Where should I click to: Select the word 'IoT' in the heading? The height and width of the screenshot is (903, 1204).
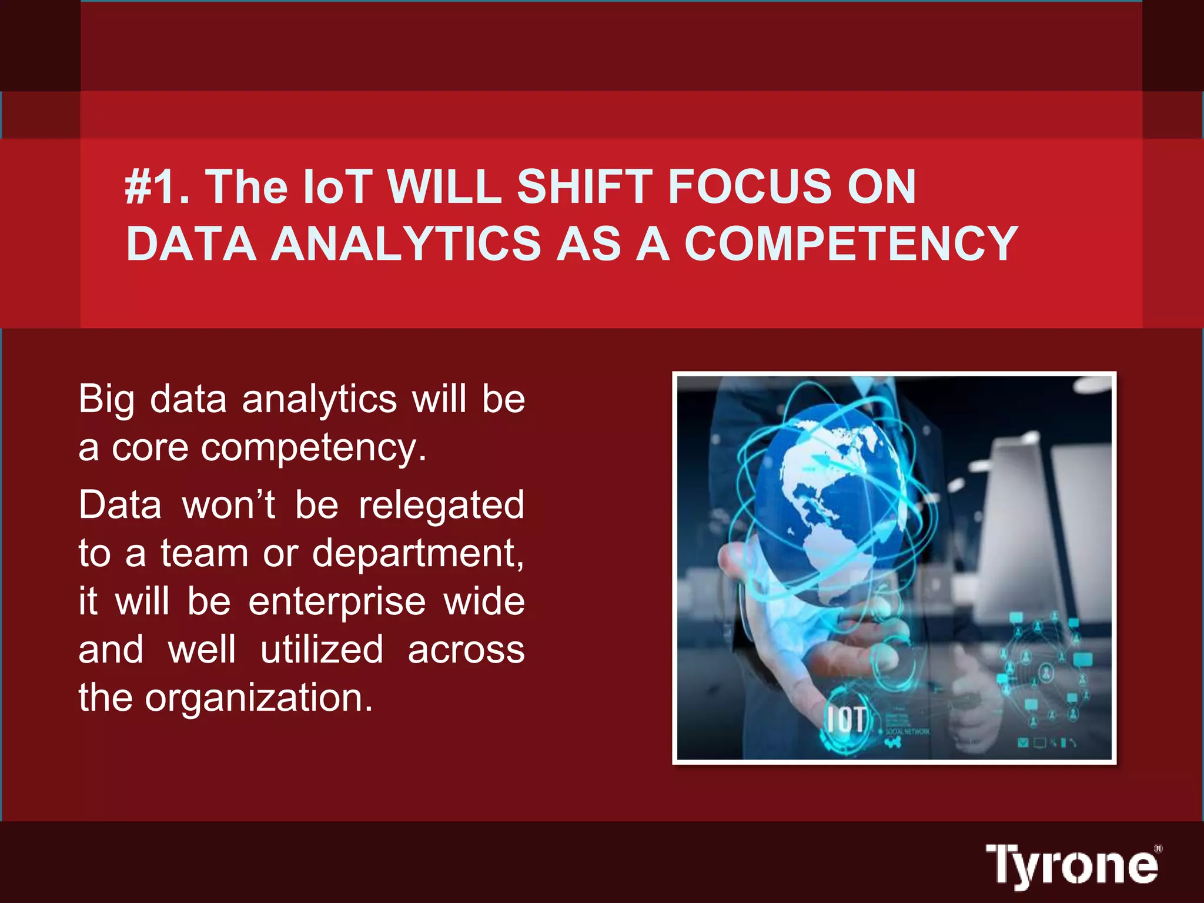[337, 187]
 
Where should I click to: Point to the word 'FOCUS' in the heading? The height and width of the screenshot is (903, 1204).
[749, 187]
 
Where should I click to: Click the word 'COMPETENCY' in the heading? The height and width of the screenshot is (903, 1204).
[851, 243]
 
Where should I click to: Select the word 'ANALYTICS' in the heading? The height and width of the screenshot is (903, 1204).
[405, 243]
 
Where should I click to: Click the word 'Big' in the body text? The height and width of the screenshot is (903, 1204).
[106, 400]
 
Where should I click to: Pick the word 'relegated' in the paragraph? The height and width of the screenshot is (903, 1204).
[441, 505]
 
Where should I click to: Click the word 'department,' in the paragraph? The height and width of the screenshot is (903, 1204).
[418, 554]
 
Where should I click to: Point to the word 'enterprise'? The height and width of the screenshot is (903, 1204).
[337, 602]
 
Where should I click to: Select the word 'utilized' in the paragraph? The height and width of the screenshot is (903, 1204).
[322, 650]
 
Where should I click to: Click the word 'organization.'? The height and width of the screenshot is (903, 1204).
[259, 698]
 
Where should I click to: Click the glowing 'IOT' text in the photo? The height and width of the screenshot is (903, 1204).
[847, 718]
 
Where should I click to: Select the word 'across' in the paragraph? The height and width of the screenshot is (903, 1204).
[466, 650]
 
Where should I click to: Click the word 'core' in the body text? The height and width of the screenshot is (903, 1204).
[149, 448]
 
